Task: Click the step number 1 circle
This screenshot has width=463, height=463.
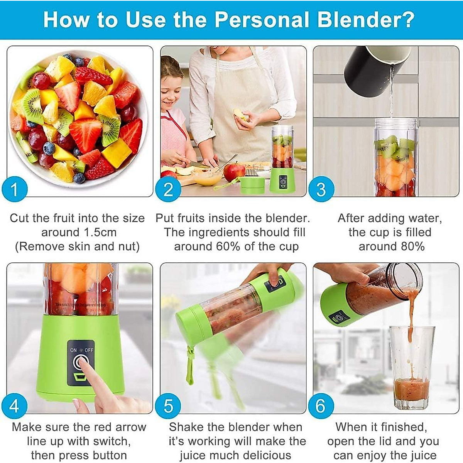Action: [x=14, y=189]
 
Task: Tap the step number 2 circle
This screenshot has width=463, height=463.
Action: [x=168, y=189]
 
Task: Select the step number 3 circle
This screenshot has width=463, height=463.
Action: [x=321, y=189]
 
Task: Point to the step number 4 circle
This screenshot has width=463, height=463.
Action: [x=14, y=406]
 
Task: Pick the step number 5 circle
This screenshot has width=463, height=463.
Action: [x=168, y=406]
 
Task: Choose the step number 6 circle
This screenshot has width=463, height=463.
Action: [x=321, y=406]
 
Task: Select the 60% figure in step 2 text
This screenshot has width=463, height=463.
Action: [x=228, y=247]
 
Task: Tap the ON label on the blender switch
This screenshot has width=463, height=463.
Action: [x=73, y=350]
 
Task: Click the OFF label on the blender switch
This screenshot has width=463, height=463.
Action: [x=89, y=350]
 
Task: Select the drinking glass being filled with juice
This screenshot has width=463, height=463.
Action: [x=412, y=367]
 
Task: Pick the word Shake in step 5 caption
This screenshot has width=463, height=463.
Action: [x=186, y=427]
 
